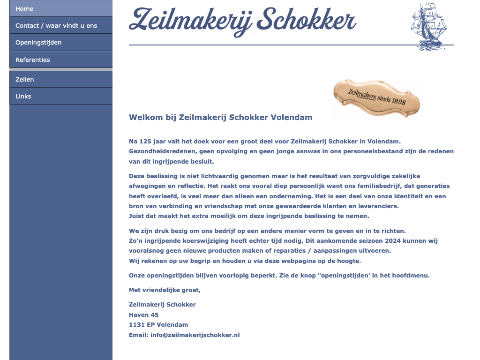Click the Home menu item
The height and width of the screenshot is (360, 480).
(x=24, y=9)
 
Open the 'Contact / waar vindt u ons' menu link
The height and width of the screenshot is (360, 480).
(x=56, y=26)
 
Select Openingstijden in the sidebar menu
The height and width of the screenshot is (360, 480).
(x=38, y=43)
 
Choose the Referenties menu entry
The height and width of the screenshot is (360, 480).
(x=33, y=60)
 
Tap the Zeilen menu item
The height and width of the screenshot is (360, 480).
(x=25, y=80)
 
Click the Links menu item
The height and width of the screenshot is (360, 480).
(x=23, y=97)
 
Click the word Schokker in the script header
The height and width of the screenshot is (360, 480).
(x=307, y=20)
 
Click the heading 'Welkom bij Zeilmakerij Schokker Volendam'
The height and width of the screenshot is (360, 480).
(x=220, y=117)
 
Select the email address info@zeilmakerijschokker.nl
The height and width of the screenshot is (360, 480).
(x=195, y=335)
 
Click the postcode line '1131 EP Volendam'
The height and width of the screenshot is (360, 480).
(x=158, y=325)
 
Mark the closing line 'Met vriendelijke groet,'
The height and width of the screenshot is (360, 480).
(x=165, y=290)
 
